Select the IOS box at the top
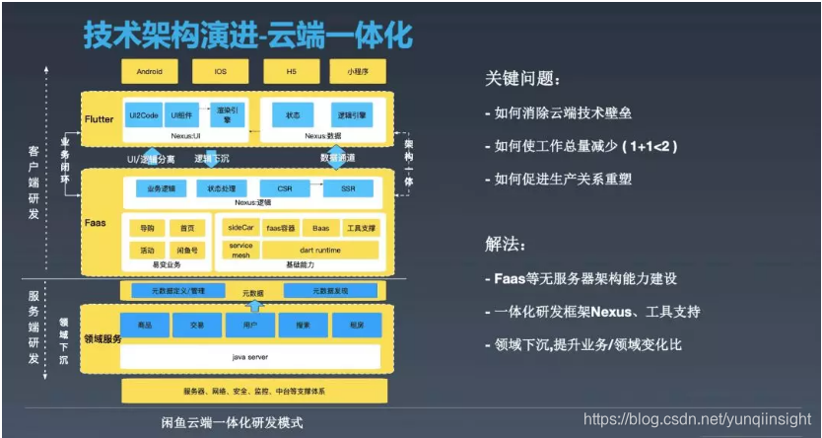coord(220,72)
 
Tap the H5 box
coord(291,72)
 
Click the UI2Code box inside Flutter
coord(143,114)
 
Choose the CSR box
coord(285,187)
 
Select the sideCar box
coord(240,228)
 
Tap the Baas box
coord(321,228)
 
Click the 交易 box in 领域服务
coord(197,325)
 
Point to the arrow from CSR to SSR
coord(318,187)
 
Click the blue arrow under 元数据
coord(254,306)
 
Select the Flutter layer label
coord(100,119)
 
